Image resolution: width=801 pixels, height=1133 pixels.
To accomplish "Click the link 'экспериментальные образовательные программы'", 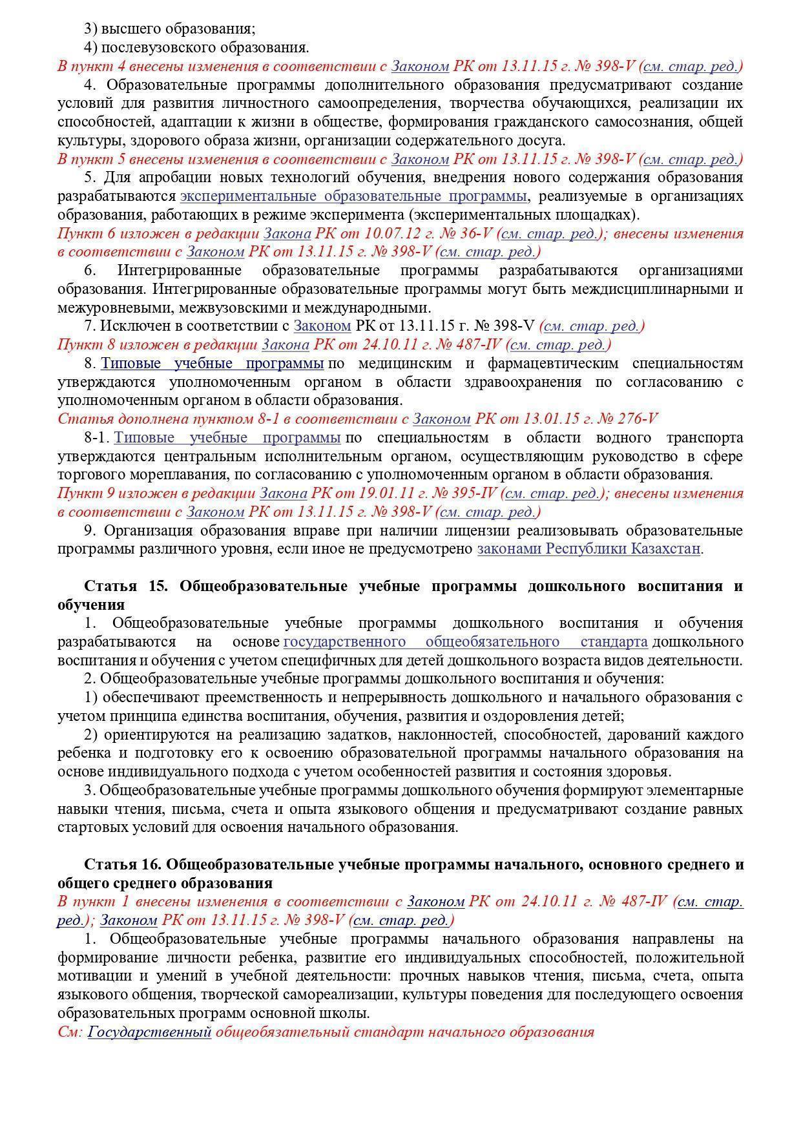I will tap(353, 196).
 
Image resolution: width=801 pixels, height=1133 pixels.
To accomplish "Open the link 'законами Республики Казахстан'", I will tap(589, 549).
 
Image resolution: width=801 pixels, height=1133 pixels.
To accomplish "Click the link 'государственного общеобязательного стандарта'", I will tap(465, 642).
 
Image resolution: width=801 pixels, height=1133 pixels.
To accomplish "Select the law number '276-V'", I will tap(638, 419).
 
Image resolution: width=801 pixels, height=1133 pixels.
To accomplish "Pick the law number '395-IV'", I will tap(474, 494).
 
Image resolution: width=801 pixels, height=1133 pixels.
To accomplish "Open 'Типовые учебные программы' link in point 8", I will tap(212, 364).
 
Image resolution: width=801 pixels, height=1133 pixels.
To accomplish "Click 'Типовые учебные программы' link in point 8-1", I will tap(227, 438).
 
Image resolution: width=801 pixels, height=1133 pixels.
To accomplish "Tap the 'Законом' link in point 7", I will tap(322, 327).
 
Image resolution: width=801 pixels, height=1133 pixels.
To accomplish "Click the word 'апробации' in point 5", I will tap(153, 178).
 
